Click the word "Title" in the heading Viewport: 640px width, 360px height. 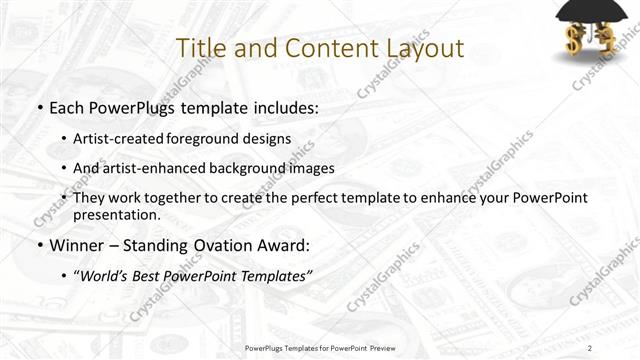(200, 48)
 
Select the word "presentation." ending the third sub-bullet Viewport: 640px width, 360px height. (116, 214)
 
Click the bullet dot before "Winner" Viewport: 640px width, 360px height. (39, 245)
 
